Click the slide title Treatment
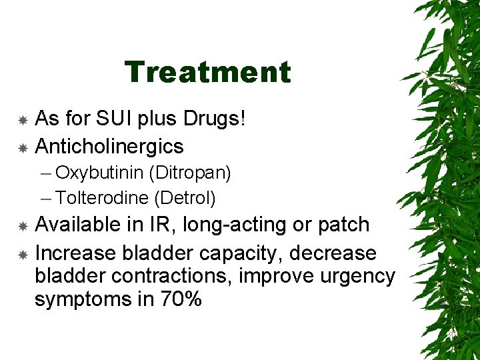(x=207, y=72)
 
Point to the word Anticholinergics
(x=109, y=145)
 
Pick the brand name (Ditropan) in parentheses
(x=190, y=173)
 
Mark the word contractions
(x=163, y=276)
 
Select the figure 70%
(x=180, y=300)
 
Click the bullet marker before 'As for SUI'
(x=22, y=120)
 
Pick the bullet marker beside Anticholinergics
(x=22, y=146)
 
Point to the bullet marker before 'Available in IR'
(x=22, y=225)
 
